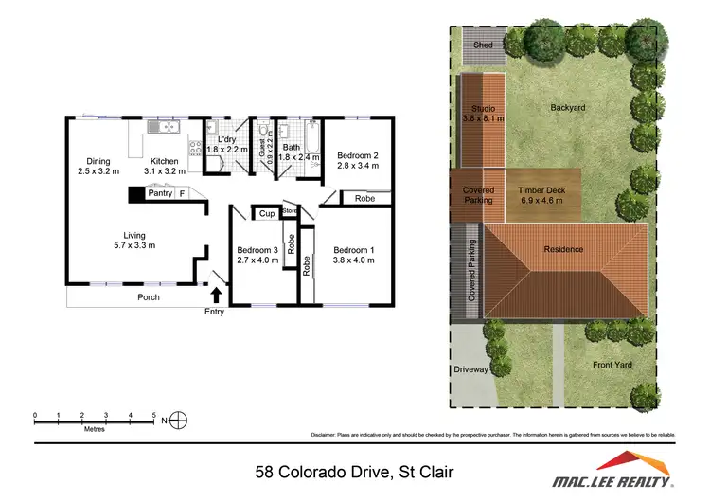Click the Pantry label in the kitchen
coord(158,193)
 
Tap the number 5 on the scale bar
coord(154,415)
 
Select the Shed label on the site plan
coord(483,45)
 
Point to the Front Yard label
coord(612,364)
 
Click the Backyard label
coord(568,108)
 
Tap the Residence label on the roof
coord(563,249)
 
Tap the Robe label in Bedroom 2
coord(364,199)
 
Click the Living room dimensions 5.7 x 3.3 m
coord(133,245)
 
